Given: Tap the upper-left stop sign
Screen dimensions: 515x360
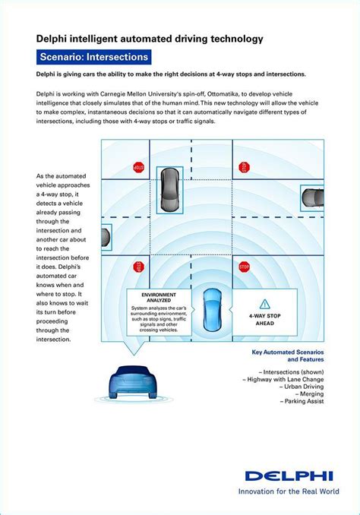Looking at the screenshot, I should (x=138, y=167).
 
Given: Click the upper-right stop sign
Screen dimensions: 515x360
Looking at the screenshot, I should (x=245, y=166).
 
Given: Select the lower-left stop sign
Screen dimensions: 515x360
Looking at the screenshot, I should (x=138, y=267).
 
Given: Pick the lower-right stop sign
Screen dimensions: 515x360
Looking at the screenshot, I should (x=244, y=267).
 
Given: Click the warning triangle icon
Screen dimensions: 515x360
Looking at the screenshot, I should (x=264, y=303).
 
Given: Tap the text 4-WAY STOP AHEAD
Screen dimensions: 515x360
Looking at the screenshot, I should (x=264, y=319).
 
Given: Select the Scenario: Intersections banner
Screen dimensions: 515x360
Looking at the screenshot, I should (x=94, y=57).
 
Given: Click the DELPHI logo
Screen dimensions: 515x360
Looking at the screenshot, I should (x=288, y=476).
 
